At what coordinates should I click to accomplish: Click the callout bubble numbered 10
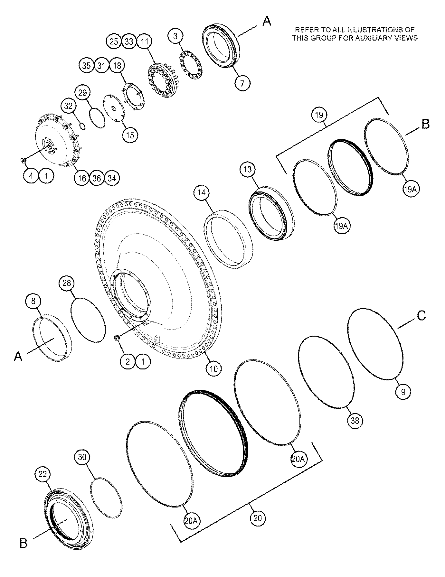click(x=214, y=369)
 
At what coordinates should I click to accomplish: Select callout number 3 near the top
click(x=175, y=36)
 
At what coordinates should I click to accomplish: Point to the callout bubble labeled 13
click(x=248, y=169)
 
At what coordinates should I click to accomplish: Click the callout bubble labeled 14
click(x=202, y=193)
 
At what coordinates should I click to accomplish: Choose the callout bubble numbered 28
click(x=67, y=283)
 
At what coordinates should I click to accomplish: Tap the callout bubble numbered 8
click(x=33, y=301)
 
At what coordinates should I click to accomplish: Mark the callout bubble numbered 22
click(x=43, y=474)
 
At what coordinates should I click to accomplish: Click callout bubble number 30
click(x=82, y=457)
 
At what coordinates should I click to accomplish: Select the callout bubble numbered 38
click(x=355, y=420)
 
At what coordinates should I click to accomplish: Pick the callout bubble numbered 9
click(x=403, y=392)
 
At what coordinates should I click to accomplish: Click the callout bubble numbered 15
click(x=130, y=135)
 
